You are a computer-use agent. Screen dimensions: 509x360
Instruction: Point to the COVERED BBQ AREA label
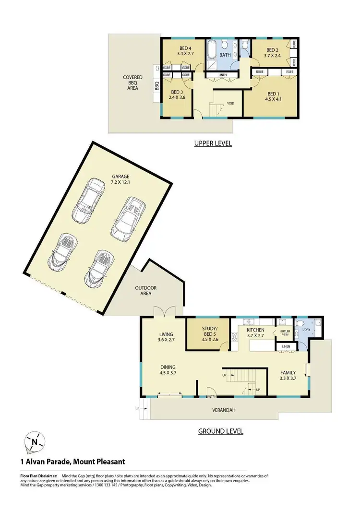[x=132, y=83]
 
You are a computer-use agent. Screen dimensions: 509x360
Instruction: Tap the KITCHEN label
[x=255, y=330]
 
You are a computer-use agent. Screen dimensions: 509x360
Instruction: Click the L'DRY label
[x=306, y=330]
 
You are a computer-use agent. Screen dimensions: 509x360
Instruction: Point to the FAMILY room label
[x=288, y=373]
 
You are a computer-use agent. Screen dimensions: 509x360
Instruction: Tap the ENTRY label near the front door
[x=211, y=396]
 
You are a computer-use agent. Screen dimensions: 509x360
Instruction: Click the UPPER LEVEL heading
[x=213, y=143]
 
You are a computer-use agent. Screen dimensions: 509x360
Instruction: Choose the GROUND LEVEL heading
[x=220, y=431]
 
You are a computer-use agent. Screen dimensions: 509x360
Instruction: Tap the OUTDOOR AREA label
[x=145, y=291]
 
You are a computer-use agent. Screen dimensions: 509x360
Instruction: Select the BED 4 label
[x=185, y=48]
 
